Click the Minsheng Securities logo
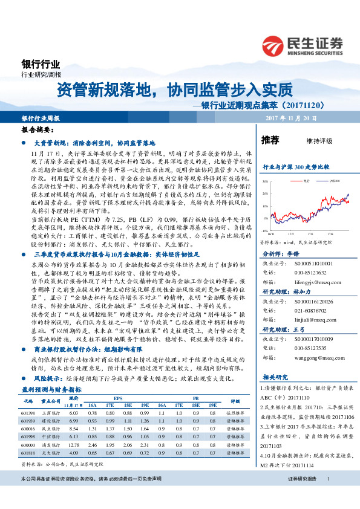[x=303, y=44]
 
